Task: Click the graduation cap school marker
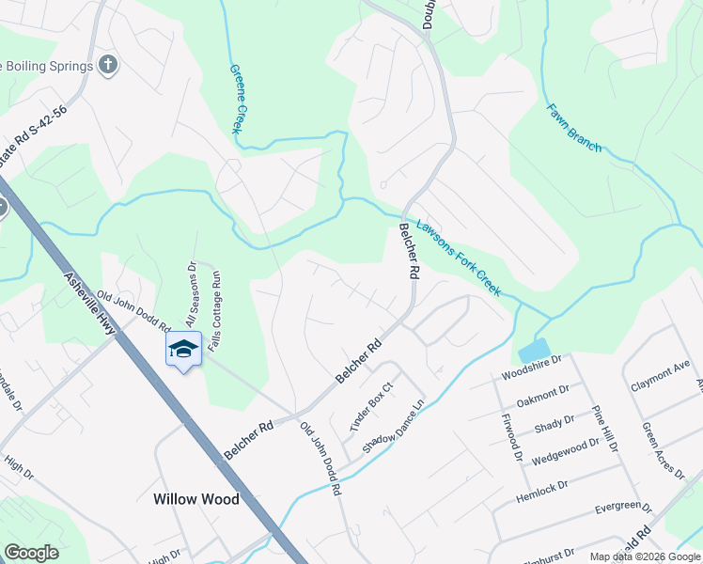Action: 183,350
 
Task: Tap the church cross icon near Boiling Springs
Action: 109,65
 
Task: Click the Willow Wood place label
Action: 196,499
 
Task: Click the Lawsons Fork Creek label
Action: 459,258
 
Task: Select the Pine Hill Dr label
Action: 603,429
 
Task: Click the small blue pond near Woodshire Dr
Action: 533,352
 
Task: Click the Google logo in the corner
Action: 31,553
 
